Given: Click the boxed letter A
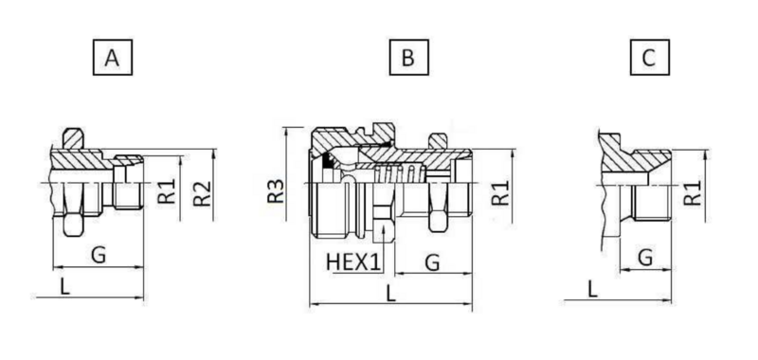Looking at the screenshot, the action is [x=112, y=58].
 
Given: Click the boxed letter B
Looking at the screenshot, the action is [x=408, y=58].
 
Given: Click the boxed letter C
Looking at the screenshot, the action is [x=650, y=58].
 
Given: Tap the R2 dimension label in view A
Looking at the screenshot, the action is [x=203, y=193].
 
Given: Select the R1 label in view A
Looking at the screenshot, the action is [x=168, y=190].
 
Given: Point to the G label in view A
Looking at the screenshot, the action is [x=99, y=255].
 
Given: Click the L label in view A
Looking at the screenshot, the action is [x=64, y=286].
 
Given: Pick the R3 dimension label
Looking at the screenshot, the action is [x=276, y=190].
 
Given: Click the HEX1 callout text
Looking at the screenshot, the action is [x=353, y=261].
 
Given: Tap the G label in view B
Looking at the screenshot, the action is [x=432, y=262].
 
